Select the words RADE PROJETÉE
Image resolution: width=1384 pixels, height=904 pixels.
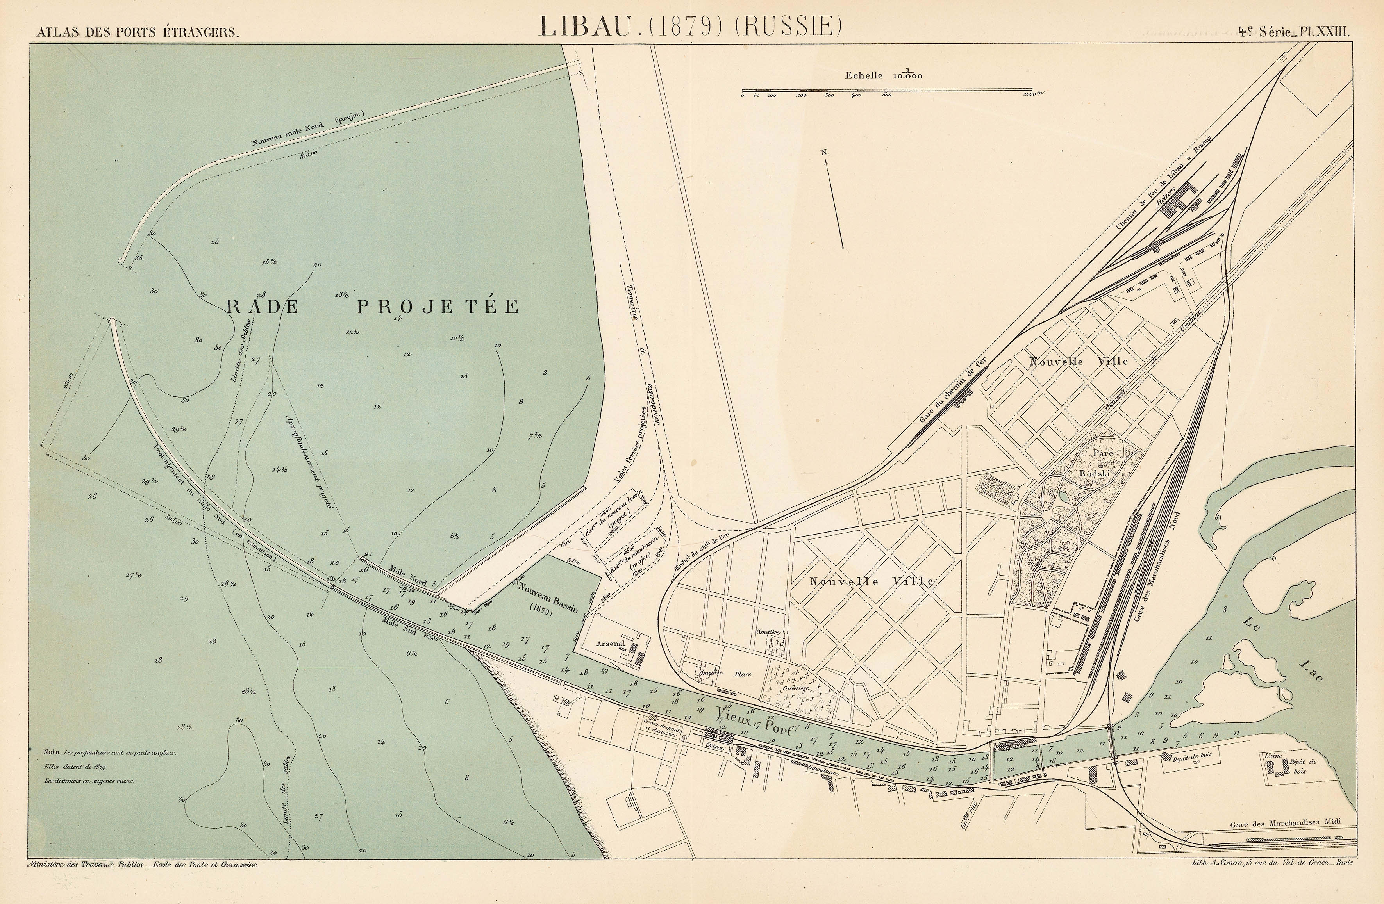(x=372, y=307)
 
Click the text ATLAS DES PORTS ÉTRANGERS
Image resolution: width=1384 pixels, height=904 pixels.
(x=137, y=32)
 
